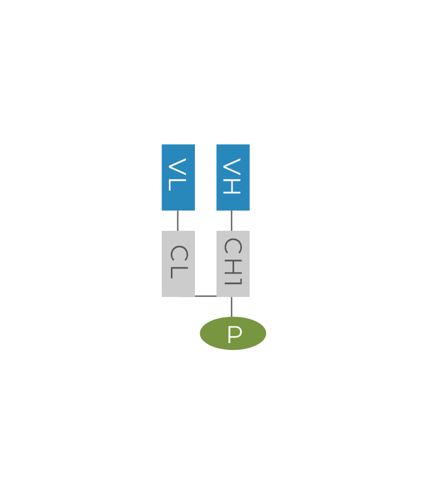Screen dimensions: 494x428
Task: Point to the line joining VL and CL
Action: [x=178, y=221]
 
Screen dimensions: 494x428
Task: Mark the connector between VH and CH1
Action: [x=232, y=221]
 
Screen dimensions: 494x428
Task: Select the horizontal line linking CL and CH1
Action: [x=205, y=296]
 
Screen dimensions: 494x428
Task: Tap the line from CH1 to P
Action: [x=232, y=307]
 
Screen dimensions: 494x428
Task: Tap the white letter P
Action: [x=235, y=335]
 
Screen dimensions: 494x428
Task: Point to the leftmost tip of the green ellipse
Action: [x=201, y=333]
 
